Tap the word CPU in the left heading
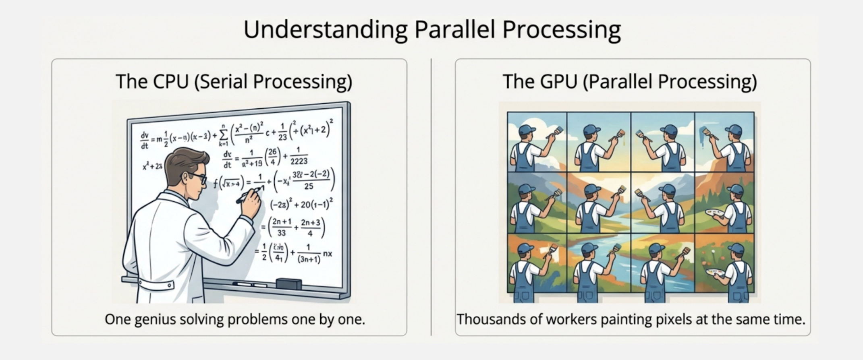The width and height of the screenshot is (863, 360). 170,81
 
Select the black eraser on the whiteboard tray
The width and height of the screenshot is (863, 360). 288,283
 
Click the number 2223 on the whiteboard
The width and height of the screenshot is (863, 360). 299,161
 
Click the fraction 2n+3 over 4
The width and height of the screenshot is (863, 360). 310,228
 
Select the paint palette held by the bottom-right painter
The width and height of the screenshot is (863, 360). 715,273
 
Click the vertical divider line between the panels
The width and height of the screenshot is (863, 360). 431,197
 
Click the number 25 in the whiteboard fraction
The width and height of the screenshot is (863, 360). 309,186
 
